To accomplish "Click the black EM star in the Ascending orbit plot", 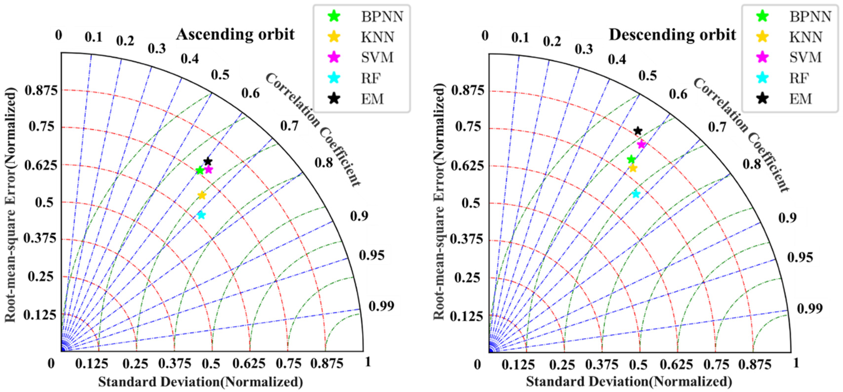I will pos(208,161).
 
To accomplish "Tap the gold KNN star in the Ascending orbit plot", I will pos(202,195).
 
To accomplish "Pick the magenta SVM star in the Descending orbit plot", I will pos(641,144).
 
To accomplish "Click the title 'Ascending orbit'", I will pos(235,34).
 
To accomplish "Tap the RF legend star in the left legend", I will pos(334,78).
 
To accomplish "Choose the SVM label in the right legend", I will pos(805,58).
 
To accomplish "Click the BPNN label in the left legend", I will pos(382,16).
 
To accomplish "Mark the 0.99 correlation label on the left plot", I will pos(381,306).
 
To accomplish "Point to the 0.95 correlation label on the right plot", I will pos(800,257).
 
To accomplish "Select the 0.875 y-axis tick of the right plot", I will pos(467,90).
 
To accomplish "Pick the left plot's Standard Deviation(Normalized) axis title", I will pos(200,382).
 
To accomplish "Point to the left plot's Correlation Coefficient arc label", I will pos(313,130).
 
